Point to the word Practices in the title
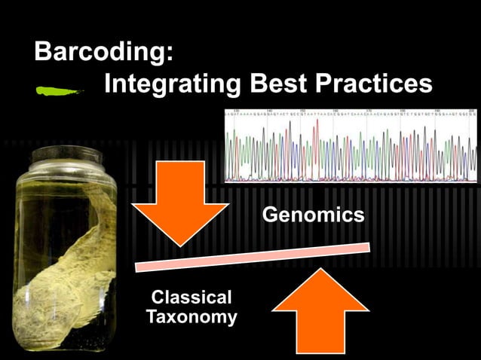click(x=377, y=84)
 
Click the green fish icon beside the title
click(x=60, y=91)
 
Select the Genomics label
click(x=313, y=215)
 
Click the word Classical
click(x=191, y=297)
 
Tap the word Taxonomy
click(x=191, y=317)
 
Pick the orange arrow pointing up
click(x=320, y=312)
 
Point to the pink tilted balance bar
click(x=253, y=256)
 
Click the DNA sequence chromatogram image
click(x=351, y=147)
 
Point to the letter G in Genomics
click(x=270, y=215)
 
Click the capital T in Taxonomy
click(x=152, y=317)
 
